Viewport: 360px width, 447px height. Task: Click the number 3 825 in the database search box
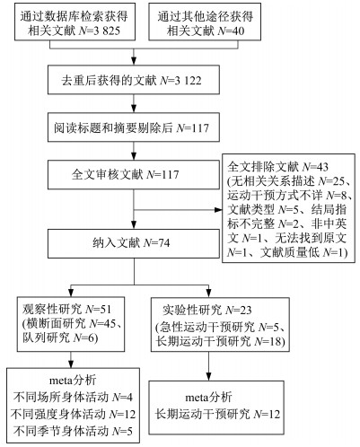point(106,31)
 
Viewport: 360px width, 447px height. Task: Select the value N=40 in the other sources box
point(231,31)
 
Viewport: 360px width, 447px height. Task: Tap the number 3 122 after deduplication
point(188,81)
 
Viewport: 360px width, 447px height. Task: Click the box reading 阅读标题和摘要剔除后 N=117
point(134,127)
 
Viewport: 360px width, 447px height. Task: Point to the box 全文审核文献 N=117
point(134,174)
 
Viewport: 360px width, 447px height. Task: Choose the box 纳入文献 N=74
point(134,243)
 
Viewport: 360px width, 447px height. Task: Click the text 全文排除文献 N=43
point(277,166)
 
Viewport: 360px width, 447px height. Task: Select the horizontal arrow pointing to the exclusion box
point(178,210)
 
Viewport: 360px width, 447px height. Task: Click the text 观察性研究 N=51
point(66,309)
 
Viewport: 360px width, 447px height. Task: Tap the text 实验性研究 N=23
point(207,310)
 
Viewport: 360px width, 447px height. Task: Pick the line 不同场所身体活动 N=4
point(73,397)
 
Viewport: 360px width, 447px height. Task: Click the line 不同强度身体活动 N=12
point(73,414)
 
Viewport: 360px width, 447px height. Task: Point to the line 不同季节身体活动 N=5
point(73,431)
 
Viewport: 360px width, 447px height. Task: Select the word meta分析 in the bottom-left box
point(73,381)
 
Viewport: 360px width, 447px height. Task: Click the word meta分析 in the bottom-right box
point(208,397)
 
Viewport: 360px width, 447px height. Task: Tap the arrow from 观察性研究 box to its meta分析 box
point(71,360)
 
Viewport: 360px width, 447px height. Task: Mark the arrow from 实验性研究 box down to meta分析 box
point(208,366)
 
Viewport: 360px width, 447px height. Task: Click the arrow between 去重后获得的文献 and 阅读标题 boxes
point(134,103)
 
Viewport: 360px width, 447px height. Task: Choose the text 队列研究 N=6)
point(60,337)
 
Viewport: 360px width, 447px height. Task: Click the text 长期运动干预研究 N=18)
point(220,341)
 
